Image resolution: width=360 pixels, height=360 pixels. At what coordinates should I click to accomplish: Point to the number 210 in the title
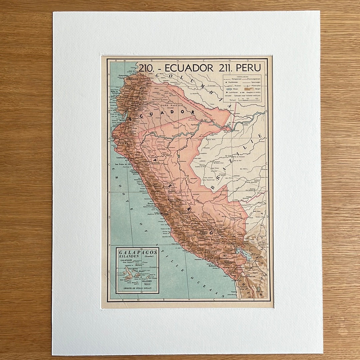146,68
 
